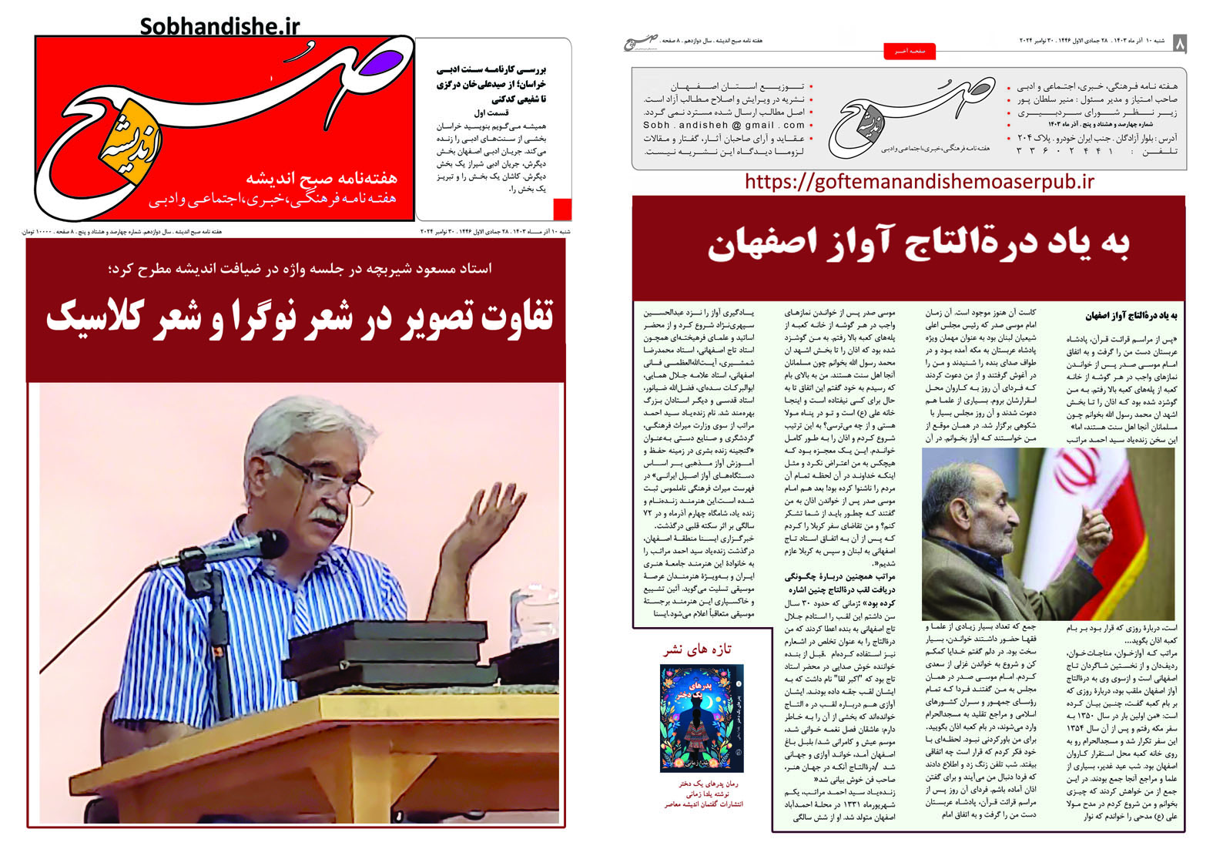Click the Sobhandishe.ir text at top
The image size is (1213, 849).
tap(219, 26)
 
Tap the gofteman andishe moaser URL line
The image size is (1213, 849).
tap(920, 182)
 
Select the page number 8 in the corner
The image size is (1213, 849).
tap(1179, 45)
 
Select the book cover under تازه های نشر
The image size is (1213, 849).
tap(701, 718)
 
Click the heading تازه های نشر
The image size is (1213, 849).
tap(698, 649)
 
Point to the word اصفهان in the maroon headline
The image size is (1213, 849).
tap(751, 245)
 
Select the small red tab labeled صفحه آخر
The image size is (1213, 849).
tap(910, 51)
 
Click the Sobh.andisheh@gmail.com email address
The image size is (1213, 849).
tap(724, 125)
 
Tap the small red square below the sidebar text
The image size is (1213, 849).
tap(562, 209)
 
